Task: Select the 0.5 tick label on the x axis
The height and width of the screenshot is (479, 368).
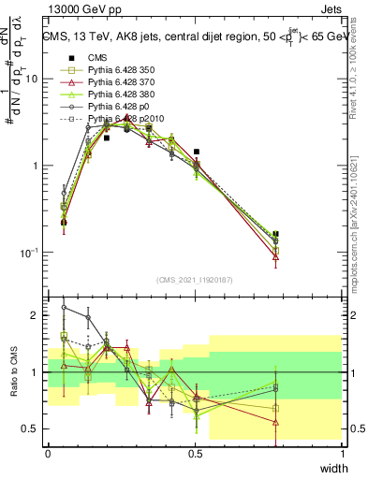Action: (196, 453)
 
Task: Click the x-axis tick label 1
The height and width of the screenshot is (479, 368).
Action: (342, 453)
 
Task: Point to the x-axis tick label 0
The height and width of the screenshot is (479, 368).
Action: (48, 453)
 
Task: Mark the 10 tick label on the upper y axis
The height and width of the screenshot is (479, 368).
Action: (31, 79)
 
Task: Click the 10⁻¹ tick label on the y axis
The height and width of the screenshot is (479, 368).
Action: (28, 253)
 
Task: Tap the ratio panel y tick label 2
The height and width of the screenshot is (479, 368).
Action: (35, 316)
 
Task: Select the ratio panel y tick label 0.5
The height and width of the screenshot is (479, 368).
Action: (31, 429)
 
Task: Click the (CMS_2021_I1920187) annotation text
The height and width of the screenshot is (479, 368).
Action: (194, 280)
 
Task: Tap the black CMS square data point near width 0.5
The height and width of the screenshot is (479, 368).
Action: (196, 152)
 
